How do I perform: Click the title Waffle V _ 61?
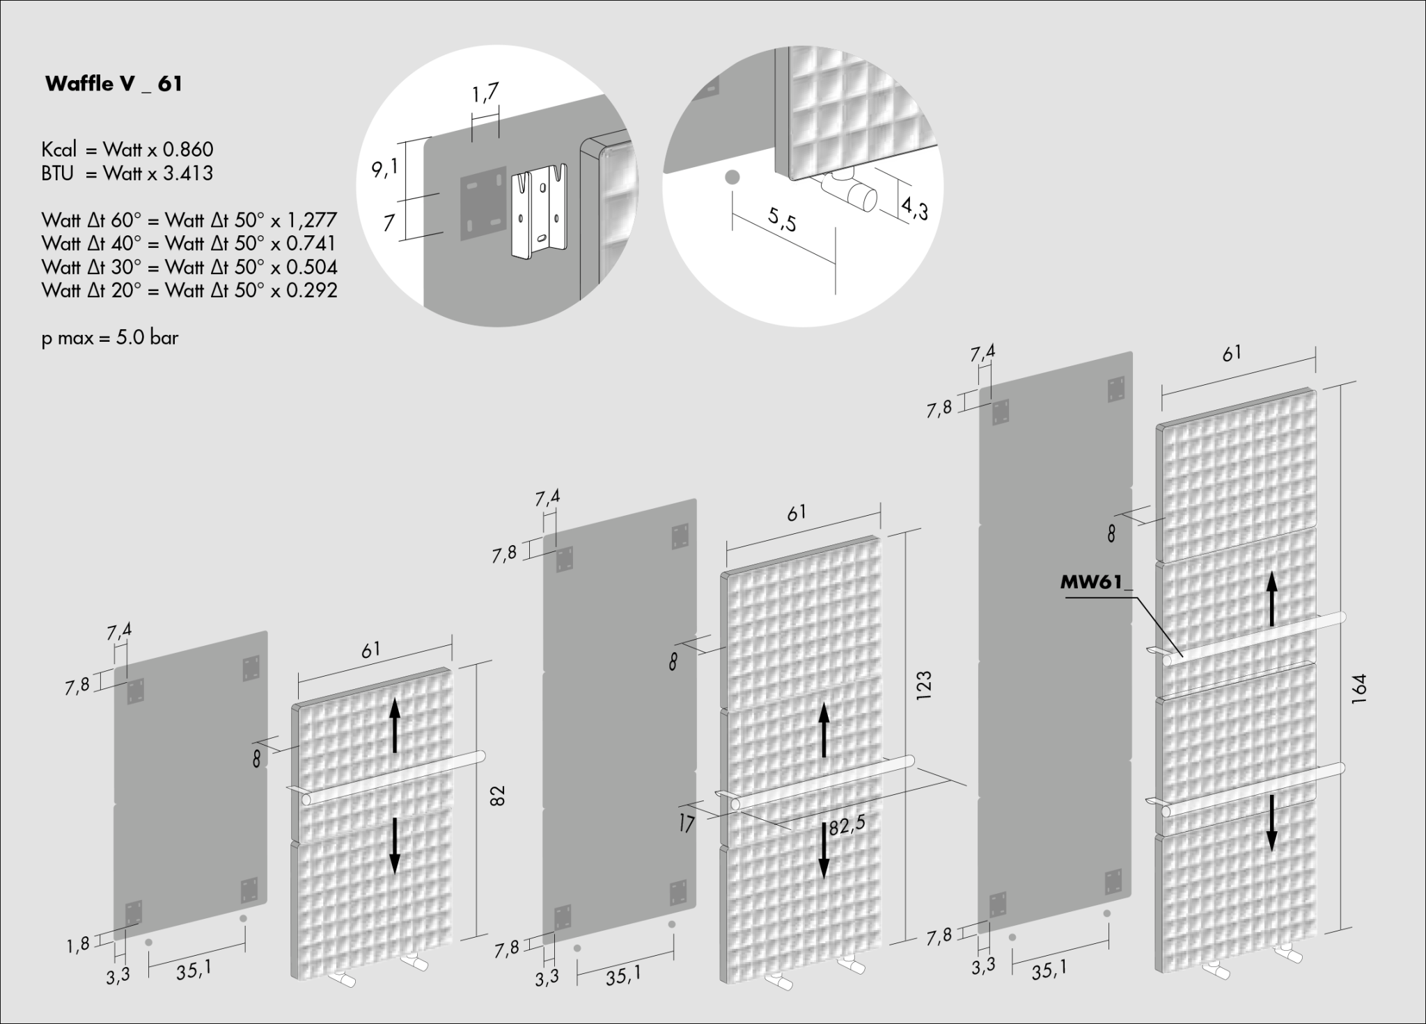click(x=113, y=84)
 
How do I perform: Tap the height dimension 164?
click(x=1358, y=689)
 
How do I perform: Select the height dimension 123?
click(x=925, y=685)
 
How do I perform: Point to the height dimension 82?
click(x=496, y=796)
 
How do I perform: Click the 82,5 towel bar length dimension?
click(x=847, y=824)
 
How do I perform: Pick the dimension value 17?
click(x=687, y=825)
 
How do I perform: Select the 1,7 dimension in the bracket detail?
click(x=485, y=94)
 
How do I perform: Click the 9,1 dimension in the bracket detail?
click(x=384, y=168)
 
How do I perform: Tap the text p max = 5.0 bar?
click(x=110, y=339)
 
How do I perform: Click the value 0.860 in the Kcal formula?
click(x=188, y=150)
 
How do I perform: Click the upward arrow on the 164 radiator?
click(x=1271, y=600)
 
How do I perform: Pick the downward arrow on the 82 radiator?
click(x=395, y=845)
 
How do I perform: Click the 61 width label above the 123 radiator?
click(x=797, y=513)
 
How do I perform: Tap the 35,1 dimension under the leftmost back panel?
click(x=194, y=970)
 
